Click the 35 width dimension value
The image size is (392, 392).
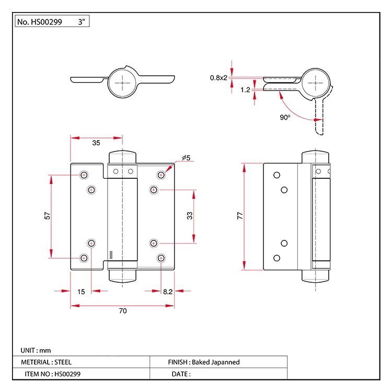point(96,143)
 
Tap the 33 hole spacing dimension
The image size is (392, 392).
point(190,215)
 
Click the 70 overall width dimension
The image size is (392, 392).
point(123,311)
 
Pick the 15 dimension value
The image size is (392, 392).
point(81,292)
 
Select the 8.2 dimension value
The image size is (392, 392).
point(168,292)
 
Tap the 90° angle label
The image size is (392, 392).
point(285,118)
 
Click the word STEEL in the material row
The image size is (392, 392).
point(63,362)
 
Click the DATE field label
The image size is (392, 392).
point(181,374)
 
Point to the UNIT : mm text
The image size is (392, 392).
point(36,350)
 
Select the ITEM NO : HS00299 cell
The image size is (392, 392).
point(53,374)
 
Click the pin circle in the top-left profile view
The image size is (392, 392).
point(123,82)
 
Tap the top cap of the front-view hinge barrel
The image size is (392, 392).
point(122,157)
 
